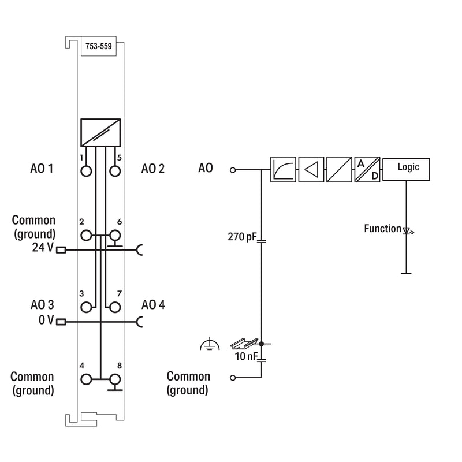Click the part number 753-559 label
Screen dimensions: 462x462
[98, 46]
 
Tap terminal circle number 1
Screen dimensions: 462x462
[86, 171]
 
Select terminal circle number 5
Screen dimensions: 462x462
[115, 171]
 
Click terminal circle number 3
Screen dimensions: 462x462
[86, 307]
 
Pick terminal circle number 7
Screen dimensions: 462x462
[115, 307]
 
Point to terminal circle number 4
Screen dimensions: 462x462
[86, 379]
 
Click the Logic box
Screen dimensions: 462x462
[406, 169]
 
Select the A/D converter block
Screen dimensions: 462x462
[367, 169]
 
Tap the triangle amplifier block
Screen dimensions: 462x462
[311, 169]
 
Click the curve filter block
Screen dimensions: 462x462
[283, 169]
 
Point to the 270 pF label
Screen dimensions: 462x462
[242, 237]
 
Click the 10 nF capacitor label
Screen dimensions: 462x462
[246, 356]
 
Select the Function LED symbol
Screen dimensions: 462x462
[408, 230]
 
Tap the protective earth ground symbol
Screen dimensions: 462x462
[210, 344]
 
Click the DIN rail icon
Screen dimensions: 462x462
[244, 344]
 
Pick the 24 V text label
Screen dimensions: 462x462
[43, 248]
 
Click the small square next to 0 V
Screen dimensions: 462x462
[61, 322]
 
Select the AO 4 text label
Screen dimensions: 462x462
[153, 305]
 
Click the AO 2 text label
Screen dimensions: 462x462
[153, 169]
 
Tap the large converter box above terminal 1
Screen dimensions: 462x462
[100, 133]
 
